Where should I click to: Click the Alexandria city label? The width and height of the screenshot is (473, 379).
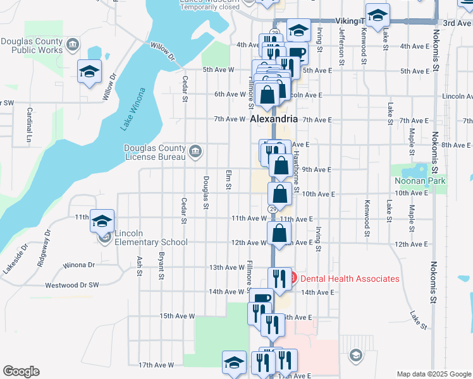pos(273,119)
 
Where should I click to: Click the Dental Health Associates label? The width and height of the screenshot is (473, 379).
pos(349,279)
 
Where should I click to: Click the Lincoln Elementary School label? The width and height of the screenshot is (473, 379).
pos(151,242)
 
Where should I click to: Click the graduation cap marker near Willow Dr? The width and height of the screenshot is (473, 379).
pos(89,71)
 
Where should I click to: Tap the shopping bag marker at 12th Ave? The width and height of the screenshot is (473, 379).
pos(278,233)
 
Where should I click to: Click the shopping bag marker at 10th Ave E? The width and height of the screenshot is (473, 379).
pos(279,194)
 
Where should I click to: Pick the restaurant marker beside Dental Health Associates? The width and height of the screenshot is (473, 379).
pos(276,277)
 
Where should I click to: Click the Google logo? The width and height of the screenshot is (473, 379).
pos(21,371)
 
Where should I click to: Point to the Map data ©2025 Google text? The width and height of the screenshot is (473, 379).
pos(434,374)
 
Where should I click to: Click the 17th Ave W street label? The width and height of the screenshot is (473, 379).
pos(156,365)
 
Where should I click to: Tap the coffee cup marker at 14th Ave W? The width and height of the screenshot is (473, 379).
pos(261,299)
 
